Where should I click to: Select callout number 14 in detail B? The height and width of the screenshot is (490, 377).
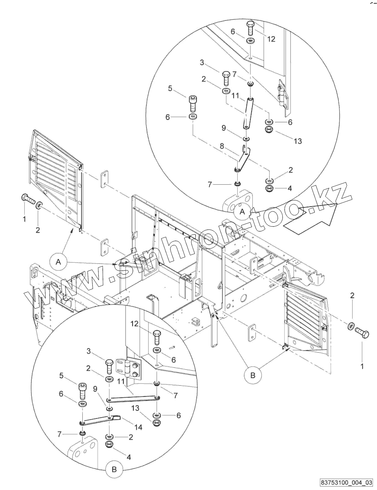coord(138,427)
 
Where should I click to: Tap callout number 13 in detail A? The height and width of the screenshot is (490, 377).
coord(298,141)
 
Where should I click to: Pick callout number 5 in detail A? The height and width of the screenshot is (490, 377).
coord(170,88)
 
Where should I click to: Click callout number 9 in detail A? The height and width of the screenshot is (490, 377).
coord(224,128)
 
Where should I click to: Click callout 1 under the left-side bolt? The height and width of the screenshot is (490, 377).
coord(24,219)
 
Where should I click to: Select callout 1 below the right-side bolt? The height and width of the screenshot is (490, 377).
coord(362,366)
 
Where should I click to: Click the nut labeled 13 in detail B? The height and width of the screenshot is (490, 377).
coord(157,422)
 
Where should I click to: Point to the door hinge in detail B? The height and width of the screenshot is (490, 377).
coord(128,368)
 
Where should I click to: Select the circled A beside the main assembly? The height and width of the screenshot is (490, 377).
coord(59,262)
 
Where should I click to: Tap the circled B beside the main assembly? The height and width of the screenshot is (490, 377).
coord(252,375)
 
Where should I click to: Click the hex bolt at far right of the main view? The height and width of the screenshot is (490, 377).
coord(361,333)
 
